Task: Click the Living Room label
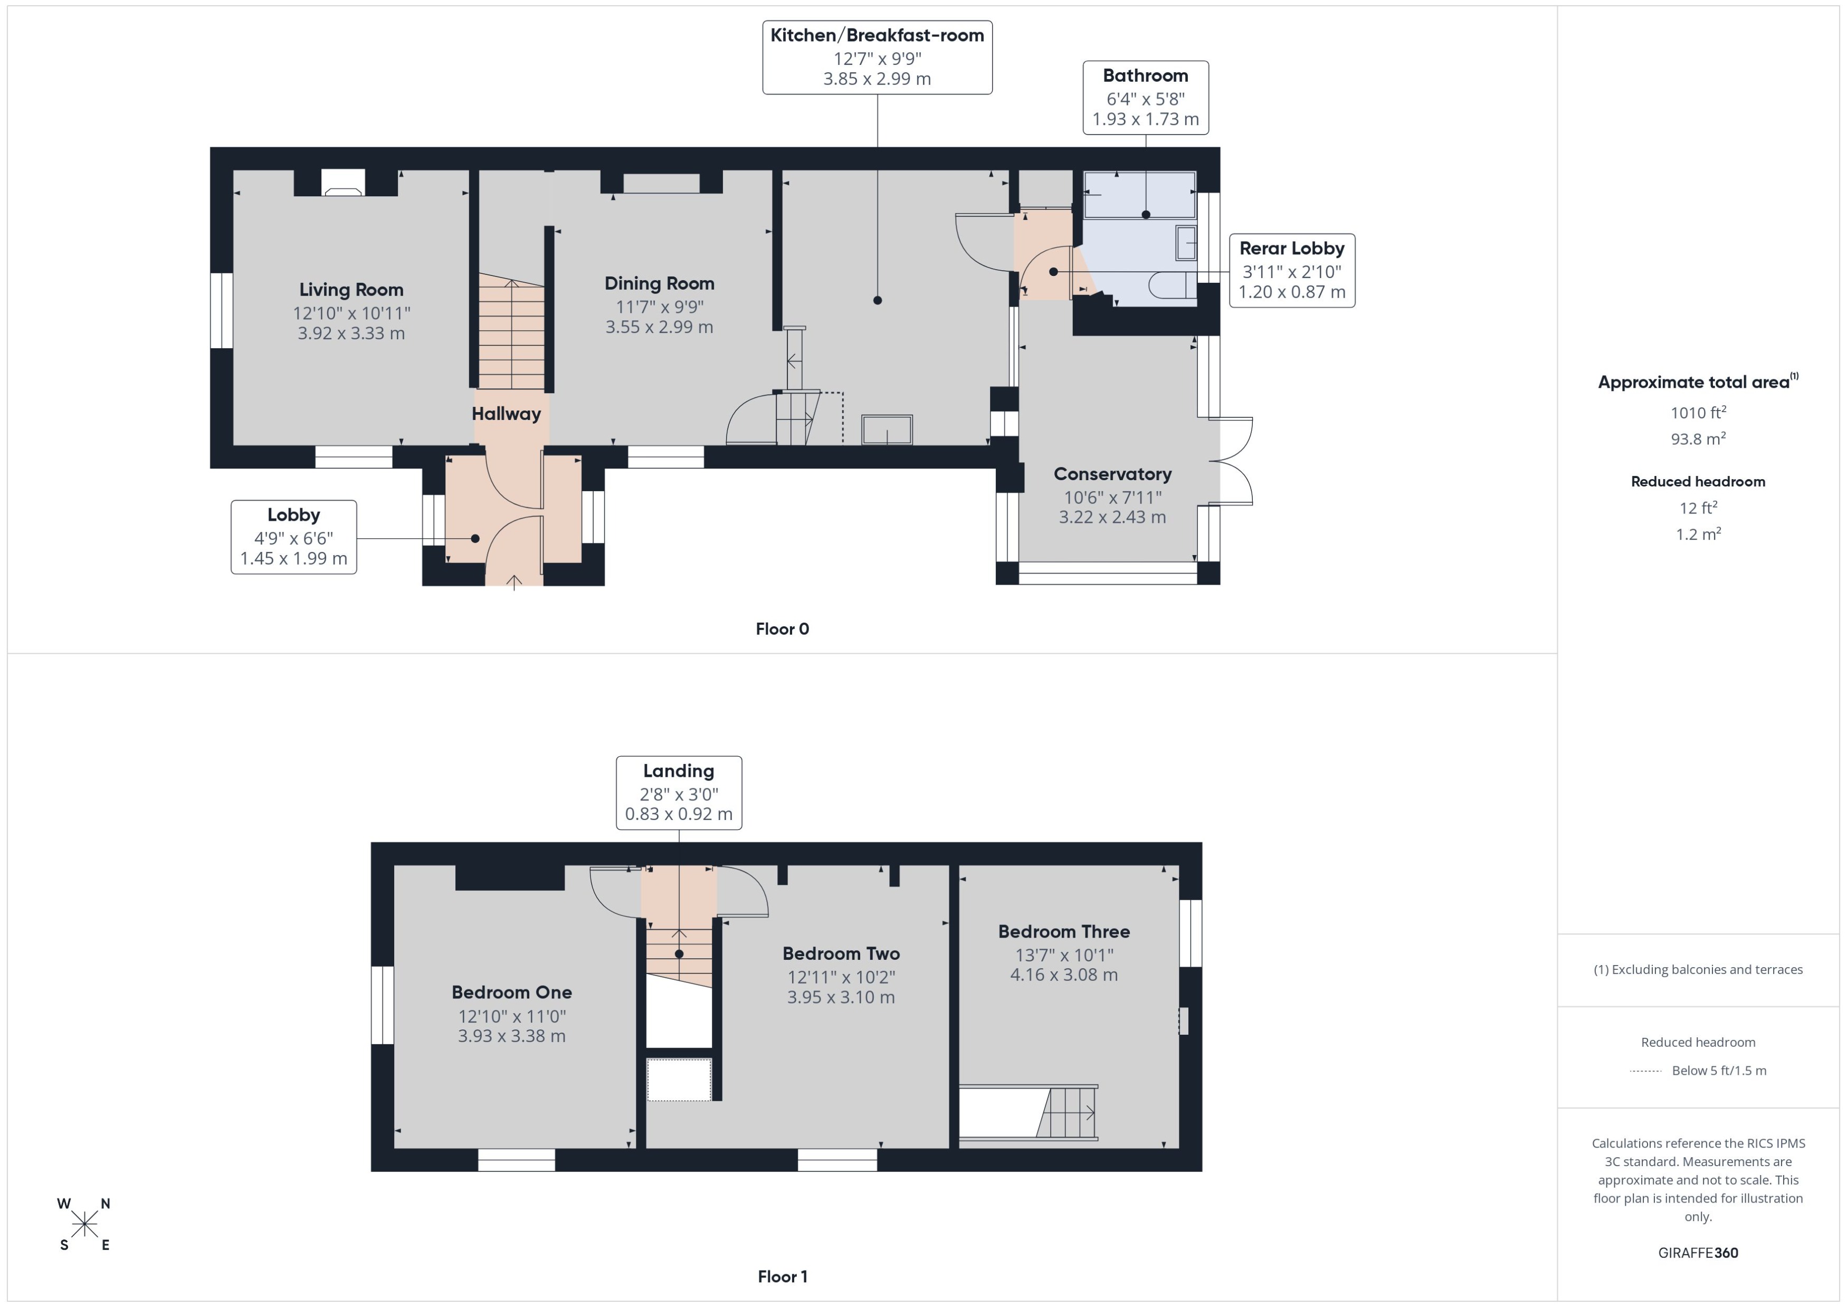pos(351,290)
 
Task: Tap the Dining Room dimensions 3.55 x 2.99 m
pos(659,327)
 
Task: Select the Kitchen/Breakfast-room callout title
pos(877,35)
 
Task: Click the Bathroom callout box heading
pos(1145,75)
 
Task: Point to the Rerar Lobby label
pos(1291,249)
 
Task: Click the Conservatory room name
pos(1112,474)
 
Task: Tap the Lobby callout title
pos(293,515)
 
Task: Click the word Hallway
pos(506,414)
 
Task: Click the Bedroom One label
pos(511,993)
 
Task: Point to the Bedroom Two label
pos(840,953)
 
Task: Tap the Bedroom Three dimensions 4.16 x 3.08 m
pos(1063,975)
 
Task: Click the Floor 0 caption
pos(782,629)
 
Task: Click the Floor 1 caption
pos(782,1276)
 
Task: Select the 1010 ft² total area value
pos(1697,413)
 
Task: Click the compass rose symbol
pos(84,1225)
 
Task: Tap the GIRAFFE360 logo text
pos(1697,1253)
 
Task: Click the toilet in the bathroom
pos(1171,285)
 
